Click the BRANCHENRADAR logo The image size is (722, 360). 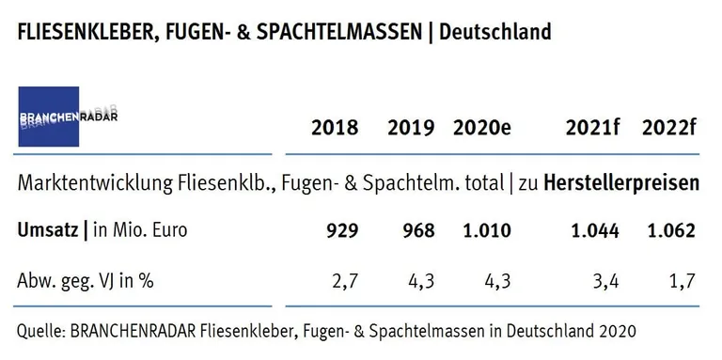(63, 117)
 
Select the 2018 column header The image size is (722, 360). (335, 129)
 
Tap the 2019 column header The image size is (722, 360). (411, 129)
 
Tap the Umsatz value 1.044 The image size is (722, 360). (592, 231)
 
